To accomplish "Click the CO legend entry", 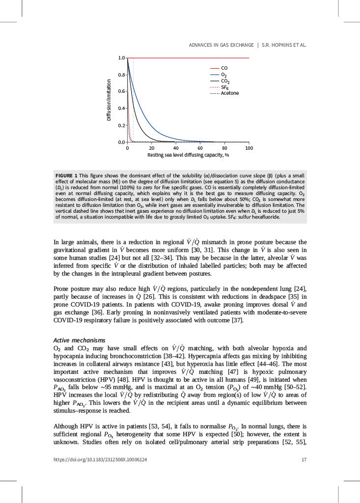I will tap(224, 68).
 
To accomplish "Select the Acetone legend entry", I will tap(229, 93).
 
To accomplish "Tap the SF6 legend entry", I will tap(225, 87).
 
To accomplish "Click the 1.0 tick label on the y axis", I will tap(121, 57).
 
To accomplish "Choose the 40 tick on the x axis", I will tap(176, 148).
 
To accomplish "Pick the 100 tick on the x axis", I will tap(249, 148).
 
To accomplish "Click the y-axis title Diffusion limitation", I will tap(109, 100).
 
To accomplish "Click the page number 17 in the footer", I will tap(304, 460).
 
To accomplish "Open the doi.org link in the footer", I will tap(100, 460).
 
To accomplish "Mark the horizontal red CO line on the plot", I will tap(196, 58).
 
